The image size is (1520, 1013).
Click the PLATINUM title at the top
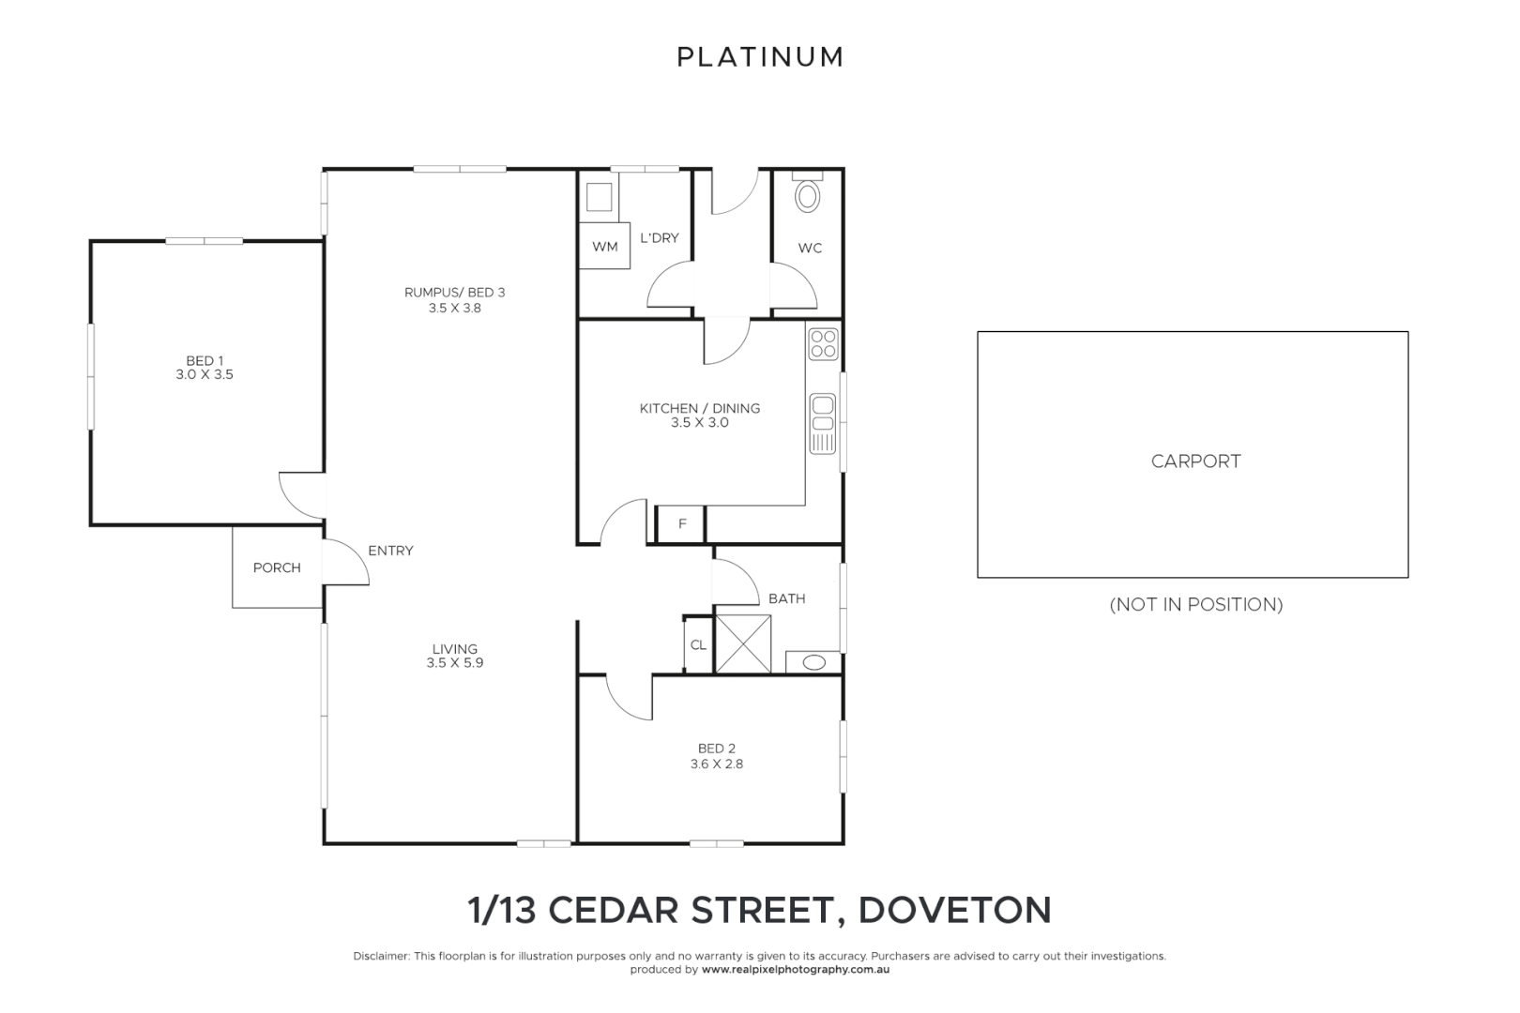pyautogui.click(x=760, y=57)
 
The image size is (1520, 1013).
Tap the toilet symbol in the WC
pyautogui.click(x=807, y=195)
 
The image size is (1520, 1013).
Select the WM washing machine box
pyautogui.click(x=604, y=247)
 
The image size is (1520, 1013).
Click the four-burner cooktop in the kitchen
pyautogui.click(x=823, y=343)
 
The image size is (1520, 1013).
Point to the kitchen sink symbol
pyautogui.click(x=822, y=423)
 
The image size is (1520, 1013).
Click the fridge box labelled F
pyautogui.click(x=682, y=524)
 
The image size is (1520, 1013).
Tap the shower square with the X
pyautogui.click(x=742, y=643)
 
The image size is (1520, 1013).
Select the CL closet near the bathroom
pyautogui.click(x=698, y=644)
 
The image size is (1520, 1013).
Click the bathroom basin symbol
pyautogui.click(x=813, y=662)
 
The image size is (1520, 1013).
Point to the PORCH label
pyautogui.click(x=277, y=567)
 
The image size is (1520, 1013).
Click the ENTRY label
pyautogui.click(x=390, y=551)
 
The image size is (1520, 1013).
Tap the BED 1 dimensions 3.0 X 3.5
pyautogui.click(x=205, y=374)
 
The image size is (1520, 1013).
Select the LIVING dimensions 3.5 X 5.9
pyautogui.click(x=454, y=662)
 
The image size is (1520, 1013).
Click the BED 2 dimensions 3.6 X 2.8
pyautogui.click(x=717, y=764)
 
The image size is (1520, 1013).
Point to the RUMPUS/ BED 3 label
pyautogui.click(x=454, y=293)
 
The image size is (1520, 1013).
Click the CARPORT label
pyautogui.click(x=1195, y=461)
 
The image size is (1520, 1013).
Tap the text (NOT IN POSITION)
pyautogui.click(x=1195, y=605)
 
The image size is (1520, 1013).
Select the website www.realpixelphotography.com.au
pyautogui.click(x=795, y=970)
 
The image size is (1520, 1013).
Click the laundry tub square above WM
pyautogui.click(x=598, y=197)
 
